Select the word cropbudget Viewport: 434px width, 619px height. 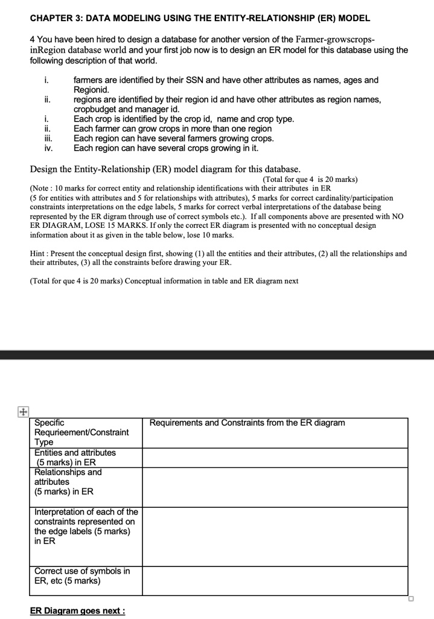[95, 109]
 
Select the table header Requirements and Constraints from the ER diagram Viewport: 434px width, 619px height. [248, 423]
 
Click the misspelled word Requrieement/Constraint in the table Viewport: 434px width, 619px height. [81, 432]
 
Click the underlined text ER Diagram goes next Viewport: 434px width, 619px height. [78, 611]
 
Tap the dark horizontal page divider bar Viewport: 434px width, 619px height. [217, 354]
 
